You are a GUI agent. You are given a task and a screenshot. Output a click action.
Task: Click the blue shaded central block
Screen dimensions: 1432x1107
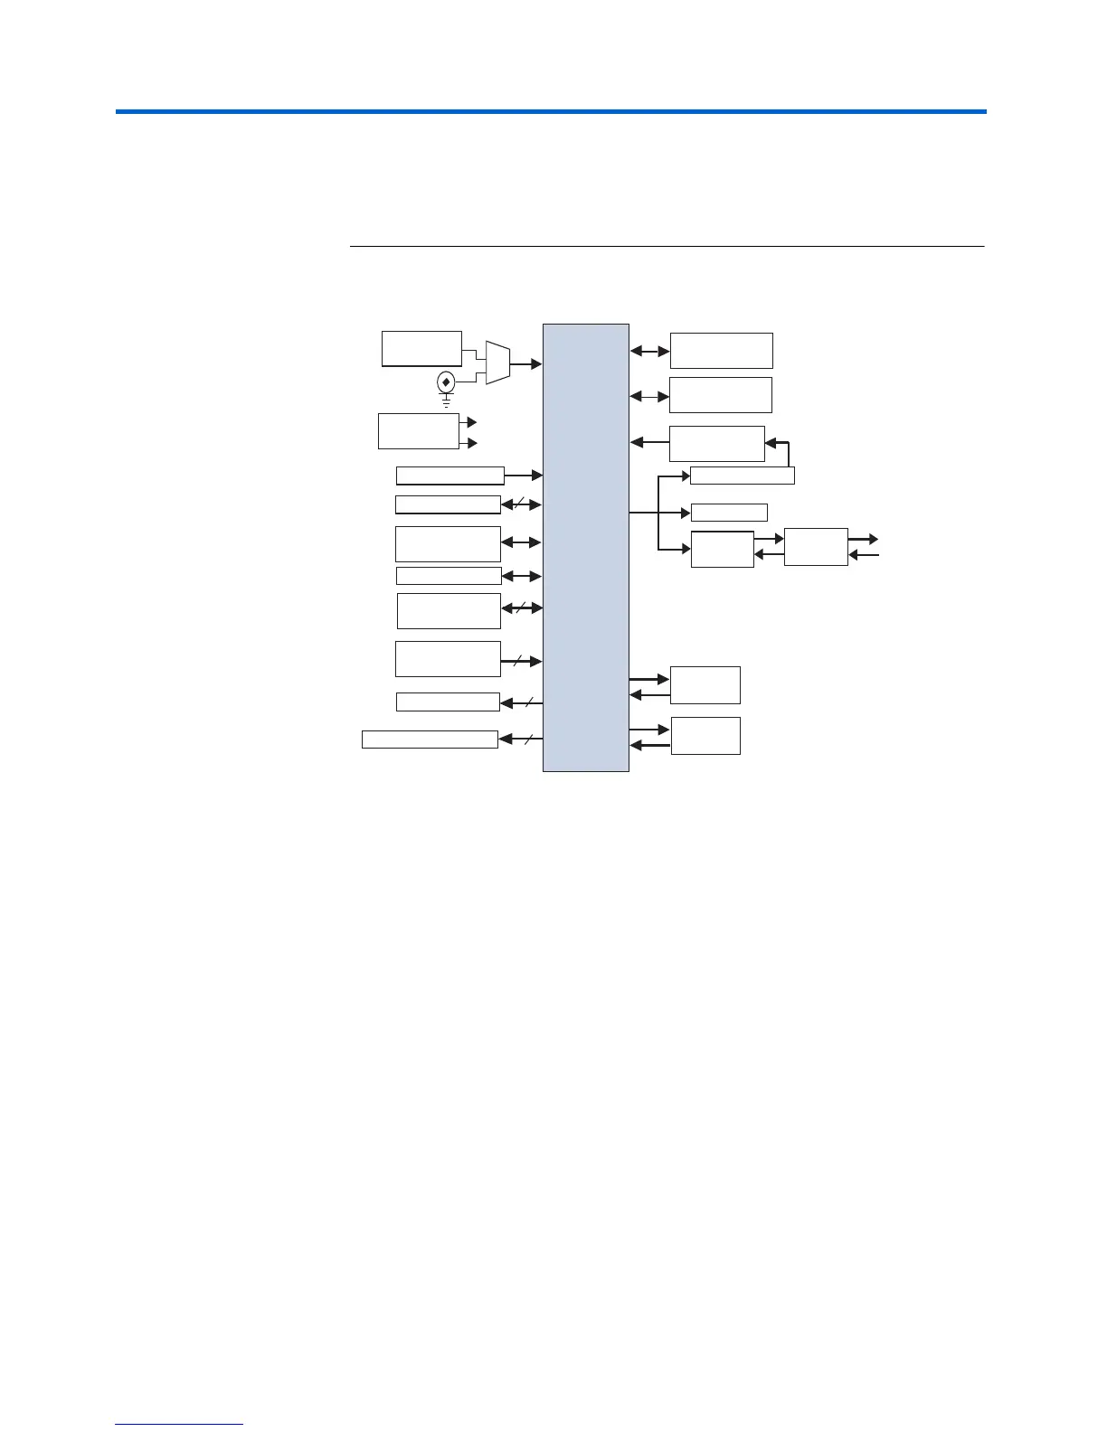pyautogui.click(x=585, y=547)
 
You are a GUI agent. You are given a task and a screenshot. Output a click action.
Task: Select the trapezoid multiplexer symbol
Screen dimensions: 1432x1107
pyautogui.click(x=497, y=363)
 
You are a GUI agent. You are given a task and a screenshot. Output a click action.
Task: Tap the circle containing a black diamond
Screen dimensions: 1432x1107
pyautogui.click(x=446, y=382)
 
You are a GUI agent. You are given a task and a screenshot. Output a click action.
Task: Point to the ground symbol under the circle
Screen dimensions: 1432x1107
pyautogui.click(x=446, y=400)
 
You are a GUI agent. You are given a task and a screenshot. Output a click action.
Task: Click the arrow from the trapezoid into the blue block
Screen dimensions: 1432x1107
pyautogui.click(x=526, y=363)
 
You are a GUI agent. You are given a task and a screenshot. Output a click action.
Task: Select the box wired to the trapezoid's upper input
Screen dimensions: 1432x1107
pyautogui.click(x=421, y=348)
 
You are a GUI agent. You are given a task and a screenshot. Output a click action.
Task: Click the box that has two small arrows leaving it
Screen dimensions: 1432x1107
pyautogui.click(x=418, y=430)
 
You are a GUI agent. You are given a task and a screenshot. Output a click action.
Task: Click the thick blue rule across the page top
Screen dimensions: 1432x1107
pyautogui.click(x=550, y=112)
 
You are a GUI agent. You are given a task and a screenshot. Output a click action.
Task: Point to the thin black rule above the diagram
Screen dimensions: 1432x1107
pyautogui.click(x=666, y=246)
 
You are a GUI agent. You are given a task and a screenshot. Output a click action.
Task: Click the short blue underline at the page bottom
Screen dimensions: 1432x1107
pyautogui.click(x=179, y=1425)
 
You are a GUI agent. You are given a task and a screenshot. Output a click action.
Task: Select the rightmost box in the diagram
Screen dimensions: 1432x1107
pyautogui.click(x=816, y=547)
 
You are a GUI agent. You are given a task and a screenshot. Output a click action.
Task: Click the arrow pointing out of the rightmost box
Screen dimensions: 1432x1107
pyautogui.click(x=864, y=539)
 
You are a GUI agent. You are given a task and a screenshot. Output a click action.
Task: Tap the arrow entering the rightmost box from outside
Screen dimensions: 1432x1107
pyautogui.click(x=864, y=555)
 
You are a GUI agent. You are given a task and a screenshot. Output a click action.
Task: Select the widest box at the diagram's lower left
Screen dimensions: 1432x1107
pyautogui.click(x=430, y=740)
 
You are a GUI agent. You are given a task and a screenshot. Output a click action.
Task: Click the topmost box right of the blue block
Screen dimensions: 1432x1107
pyautogui.click(x=721, y=351)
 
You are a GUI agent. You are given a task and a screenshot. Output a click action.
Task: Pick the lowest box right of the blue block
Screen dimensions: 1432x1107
pyautogui.click(x=705, y=736)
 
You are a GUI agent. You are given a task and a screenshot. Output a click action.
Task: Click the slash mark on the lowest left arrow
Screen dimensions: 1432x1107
pyautogui.click(x=527, y=740)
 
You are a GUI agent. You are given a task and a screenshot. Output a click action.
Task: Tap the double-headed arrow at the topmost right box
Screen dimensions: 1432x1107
pyautogui.click(x=649, y=351)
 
